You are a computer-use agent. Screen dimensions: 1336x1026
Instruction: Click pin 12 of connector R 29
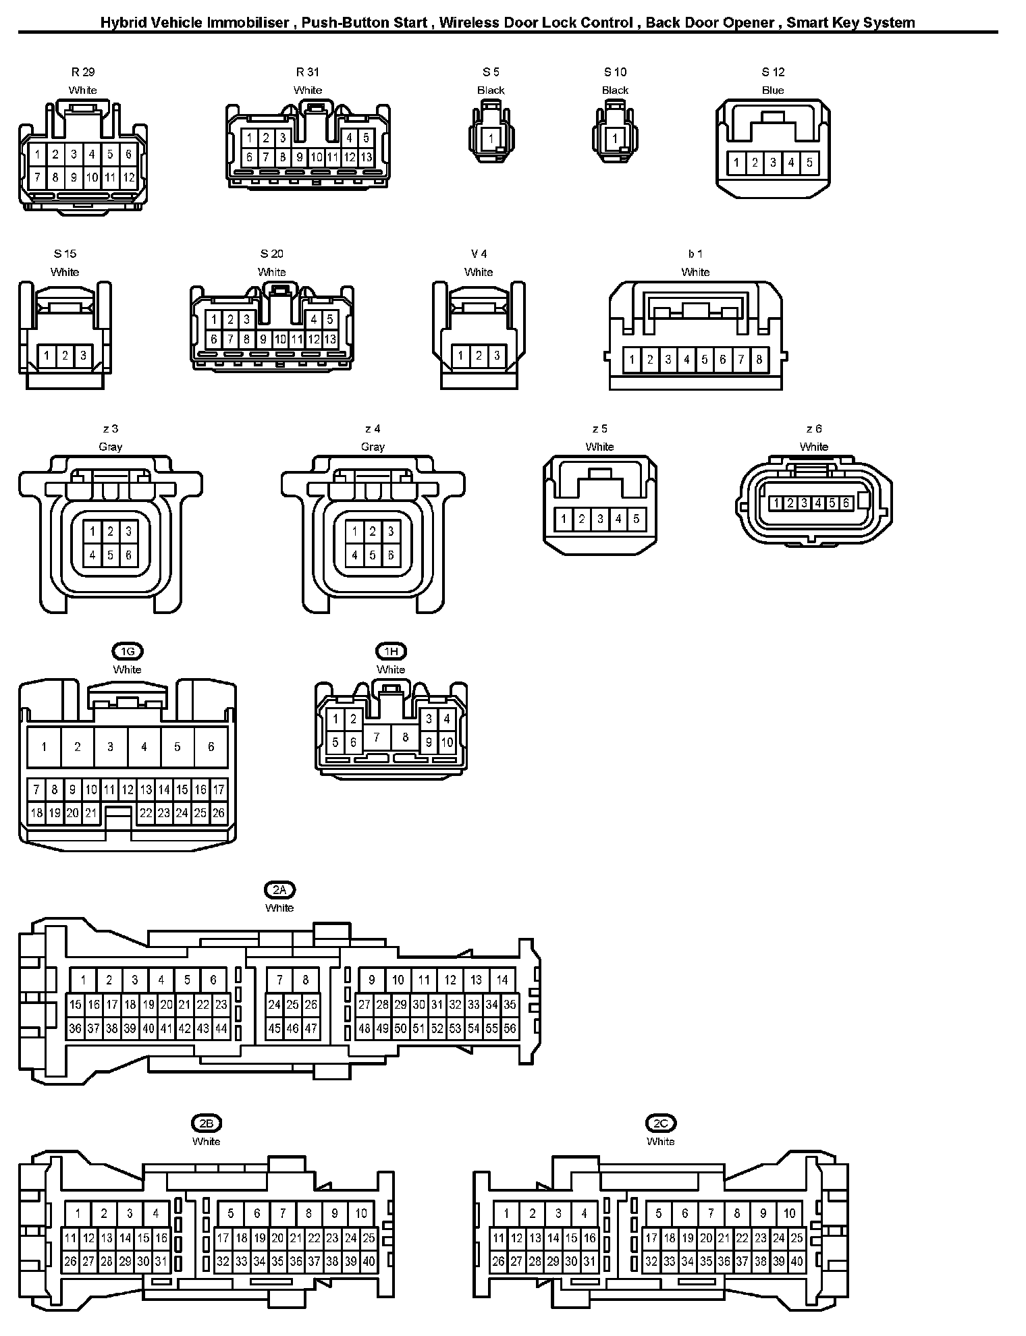click(129, 178)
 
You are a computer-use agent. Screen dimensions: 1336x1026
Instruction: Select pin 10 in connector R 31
click(316, 157)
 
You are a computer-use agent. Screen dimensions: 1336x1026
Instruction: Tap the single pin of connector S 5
click(491, 139)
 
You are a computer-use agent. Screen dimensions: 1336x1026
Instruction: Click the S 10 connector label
click(615, 72)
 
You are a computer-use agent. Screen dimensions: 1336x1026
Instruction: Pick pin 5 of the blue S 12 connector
click(809, 163)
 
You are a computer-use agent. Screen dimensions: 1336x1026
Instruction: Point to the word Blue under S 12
click(773, 90)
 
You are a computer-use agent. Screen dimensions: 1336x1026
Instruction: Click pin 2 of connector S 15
click(65, 356)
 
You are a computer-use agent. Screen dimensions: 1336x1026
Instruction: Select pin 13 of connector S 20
click(330, 339)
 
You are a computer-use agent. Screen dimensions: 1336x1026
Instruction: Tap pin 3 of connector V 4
click(497, 356)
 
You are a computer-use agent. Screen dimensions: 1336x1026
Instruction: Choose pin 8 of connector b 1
click(759, 360)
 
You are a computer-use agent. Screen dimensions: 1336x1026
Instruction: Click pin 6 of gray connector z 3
click(129, 556)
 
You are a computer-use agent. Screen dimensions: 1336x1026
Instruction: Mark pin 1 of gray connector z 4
click(354, 532)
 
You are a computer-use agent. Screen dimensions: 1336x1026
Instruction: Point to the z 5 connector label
click(599, 429)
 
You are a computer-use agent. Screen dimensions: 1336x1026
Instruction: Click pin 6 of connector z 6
click(846, 503)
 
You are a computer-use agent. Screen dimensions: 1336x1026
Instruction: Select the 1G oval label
click(128, 651)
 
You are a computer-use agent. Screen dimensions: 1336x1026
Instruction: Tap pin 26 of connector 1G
click(218, 813)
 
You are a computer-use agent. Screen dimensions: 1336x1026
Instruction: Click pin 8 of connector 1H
click(405, 737)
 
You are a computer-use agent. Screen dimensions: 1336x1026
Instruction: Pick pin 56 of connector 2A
click(510, 1029)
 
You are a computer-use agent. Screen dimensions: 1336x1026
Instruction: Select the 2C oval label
click(660, 1123)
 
